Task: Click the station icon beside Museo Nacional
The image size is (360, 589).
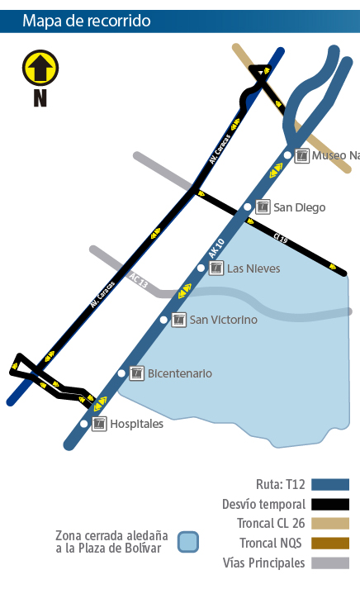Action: (302, 155)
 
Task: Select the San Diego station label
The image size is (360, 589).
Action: (299, 207)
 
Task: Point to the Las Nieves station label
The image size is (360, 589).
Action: (253, 268)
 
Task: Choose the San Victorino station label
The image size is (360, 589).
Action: (223, 320)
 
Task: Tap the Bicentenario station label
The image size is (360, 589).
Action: (179, 373)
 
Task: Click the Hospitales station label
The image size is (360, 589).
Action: (137, 424)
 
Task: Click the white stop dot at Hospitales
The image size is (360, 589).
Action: (83, 424)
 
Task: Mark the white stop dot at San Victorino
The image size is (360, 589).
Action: (163, 320)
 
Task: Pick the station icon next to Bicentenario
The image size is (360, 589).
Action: (137, 373)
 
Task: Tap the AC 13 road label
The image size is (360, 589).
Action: (138, 280)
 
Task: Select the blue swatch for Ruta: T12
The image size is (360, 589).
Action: (330, 484)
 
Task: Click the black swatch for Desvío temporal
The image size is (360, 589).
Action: (330, 504)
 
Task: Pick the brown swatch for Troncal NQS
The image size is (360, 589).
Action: (330, 544)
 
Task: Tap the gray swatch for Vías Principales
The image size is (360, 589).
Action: (330, 563)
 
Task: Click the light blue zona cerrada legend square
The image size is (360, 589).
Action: (188, 542)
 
